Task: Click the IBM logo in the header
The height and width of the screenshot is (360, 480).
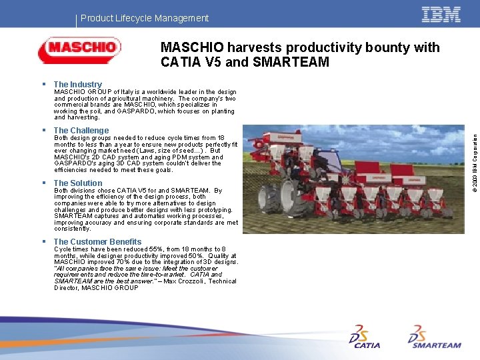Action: coord(441,15)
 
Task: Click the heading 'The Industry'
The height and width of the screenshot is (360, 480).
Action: coord(77,85)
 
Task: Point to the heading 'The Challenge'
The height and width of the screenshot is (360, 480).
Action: coord(81,131)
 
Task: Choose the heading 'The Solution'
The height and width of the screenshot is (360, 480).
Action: coord(78,183)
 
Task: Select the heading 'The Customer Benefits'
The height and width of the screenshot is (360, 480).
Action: coord(97,242)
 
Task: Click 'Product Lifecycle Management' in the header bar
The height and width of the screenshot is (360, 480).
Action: coord(145,19)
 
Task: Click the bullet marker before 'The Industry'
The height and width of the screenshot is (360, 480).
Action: coord(43,85)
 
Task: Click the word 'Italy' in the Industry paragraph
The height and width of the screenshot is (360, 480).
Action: coord(128,92)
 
